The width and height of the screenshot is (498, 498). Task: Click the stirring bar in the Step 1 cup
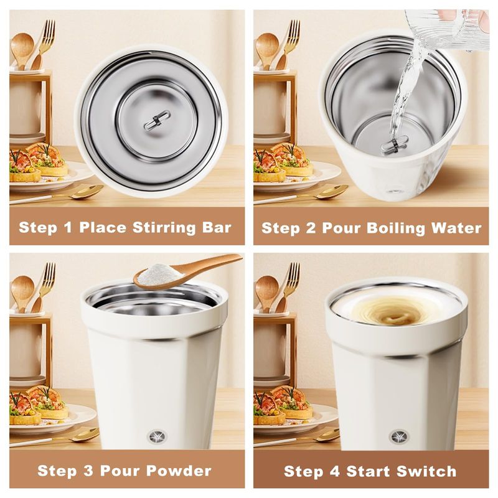pyautogui.click(x=157, y=120)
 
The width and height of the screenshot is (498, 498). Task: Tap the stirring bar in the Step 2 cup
pyautogui.click(x=395, y=145)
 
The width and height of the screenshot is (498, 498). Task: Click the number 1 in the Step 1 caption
pyautogui.click(x=68, y=227)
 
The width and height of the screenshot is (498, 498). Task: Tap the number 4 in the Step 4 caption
pyautogui.click(x=335, y=471)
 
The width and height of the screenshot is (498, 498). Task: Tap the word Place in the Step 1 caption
pyautogui.click(x=103, y=227)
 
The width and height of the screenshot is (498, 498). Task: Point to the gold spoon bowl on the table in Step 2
pyautogui.click(x=332, y=192)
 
